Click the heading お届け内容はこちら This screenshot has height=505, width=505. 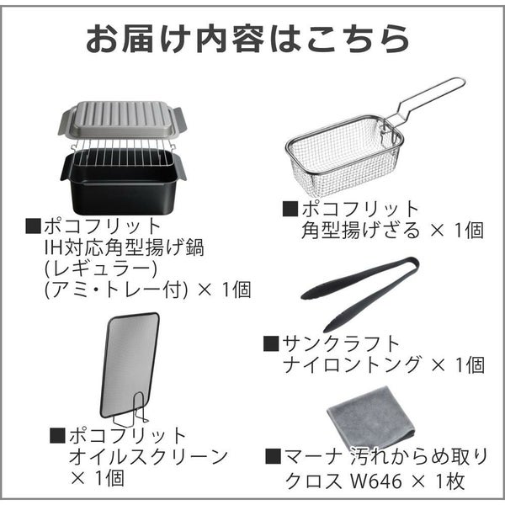point(247,39)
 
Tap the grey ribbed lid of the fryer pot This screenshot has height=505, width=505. point(122,120)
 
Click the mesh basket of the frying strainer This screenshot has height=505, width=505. point(344,156)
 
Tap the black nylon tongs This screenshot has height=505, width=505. point(360,294)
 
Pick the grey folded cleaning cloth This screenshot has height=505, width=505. point(372,418)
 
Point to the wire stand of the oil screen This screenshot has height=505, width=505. point(130,408)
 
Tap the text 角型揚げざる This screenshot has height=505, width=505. point(361,230)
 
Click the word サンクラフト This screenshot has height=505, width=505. point(341,343)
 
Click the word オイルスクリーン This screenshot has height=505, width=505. point(149,457)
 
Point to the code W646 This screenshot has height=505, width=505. point(376,481)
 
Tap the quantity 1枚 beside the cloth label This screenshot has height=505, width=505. point(450,481)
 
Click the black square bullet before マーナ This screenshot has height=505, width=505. point(273,456)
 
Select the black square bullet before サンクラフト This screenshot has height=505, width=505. point(271,343)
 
